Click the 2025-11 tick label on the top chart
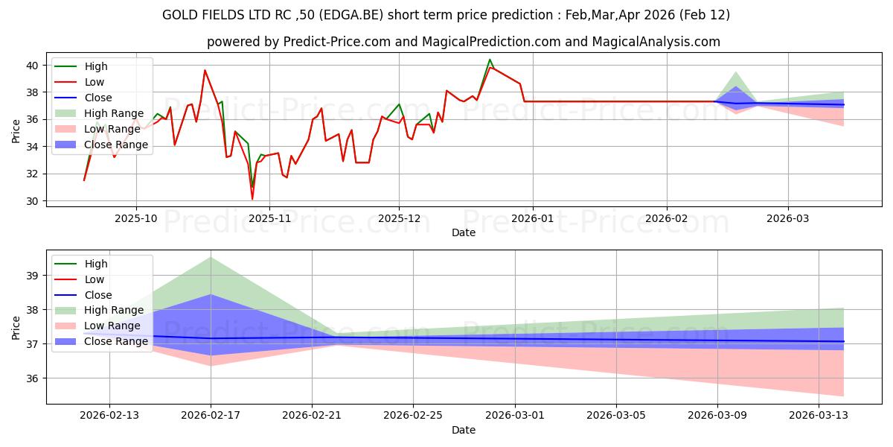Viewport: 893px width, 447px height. pyautogui.click(x=269, y=219)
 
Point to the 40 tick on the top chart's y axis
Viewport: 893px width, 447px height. pyautogui.click(x=33, y=66)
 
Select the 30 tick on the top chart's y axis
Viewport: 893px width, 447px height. pyautogui.click(x=33, y=201)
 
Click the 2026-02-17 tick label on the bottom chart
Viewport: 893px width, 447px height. pyautogui.click(x=211, y=416)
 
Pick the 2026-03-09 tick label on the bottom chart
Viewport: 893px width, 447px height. pyautogui.click(x=717, y=416)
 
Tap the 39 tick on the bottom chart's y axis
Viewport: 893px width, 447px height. pyautogui.click(x=33, y=276)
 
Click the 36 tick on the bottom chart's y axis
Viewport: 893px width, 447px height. pyautogui.click(x=33, y=378)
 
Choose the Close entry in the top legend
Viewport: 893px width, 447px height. pyautogui.click(x=99, y=98)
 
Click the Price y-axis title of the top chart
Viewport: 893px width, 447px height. pyautogui.click(x=16, y=130)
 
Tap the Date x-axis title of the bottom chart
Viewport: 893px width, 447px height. pyautogui.click(x=463, y=430)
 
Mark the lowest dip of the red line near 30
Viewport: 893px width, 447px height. pyautogui.click(x=252, y=198)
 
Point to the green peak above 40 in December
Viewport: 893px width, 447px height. pyautogui.click(x=490, y=60)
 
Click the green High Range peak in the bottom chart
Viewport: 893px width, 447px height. pyautogui.click(x=211, y=257)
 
